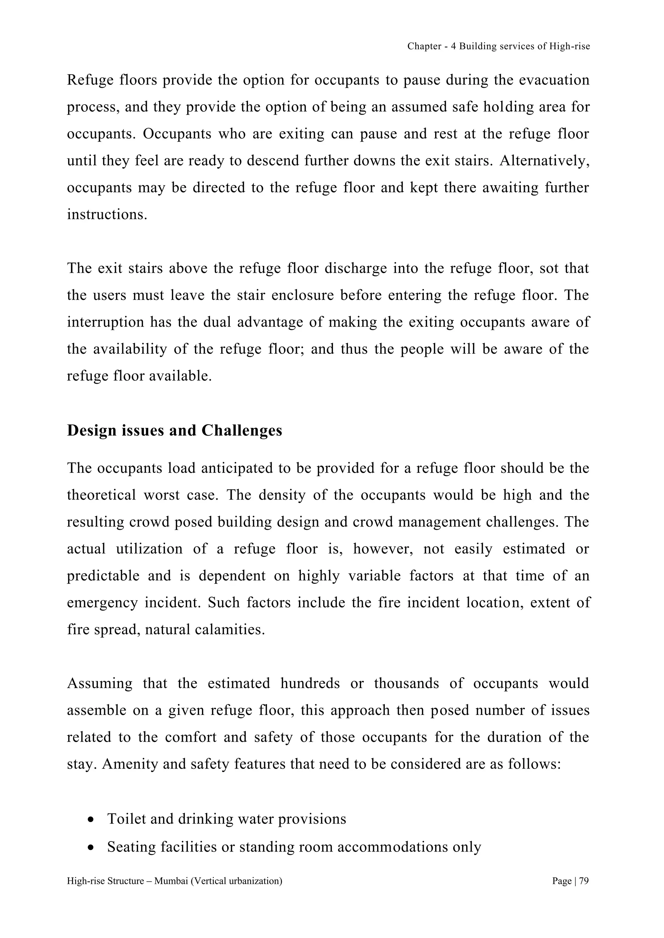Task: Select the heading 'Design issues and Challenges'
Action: tap(174, 430)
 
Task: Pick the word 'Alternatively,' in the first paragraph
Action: tap(544, 161)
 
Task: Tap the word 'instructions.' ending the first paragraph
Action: tap(107, 214)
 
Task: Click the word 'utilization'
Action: tap(149, 549)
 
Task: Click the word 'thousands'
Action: tap(406, 683)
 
